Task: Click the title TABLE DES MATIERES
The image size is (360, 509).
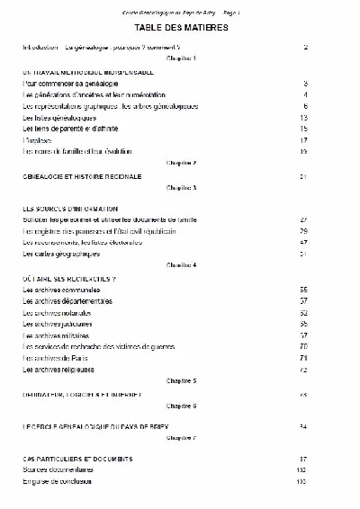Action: [181, 28]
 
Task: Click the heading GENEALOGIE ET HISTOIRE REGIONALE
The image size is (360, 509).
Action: [82, 176]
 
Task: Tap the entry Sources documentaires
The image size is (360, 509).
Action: [57, 470]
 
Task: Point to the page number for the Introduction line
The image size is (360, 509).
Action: [306, 46]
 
